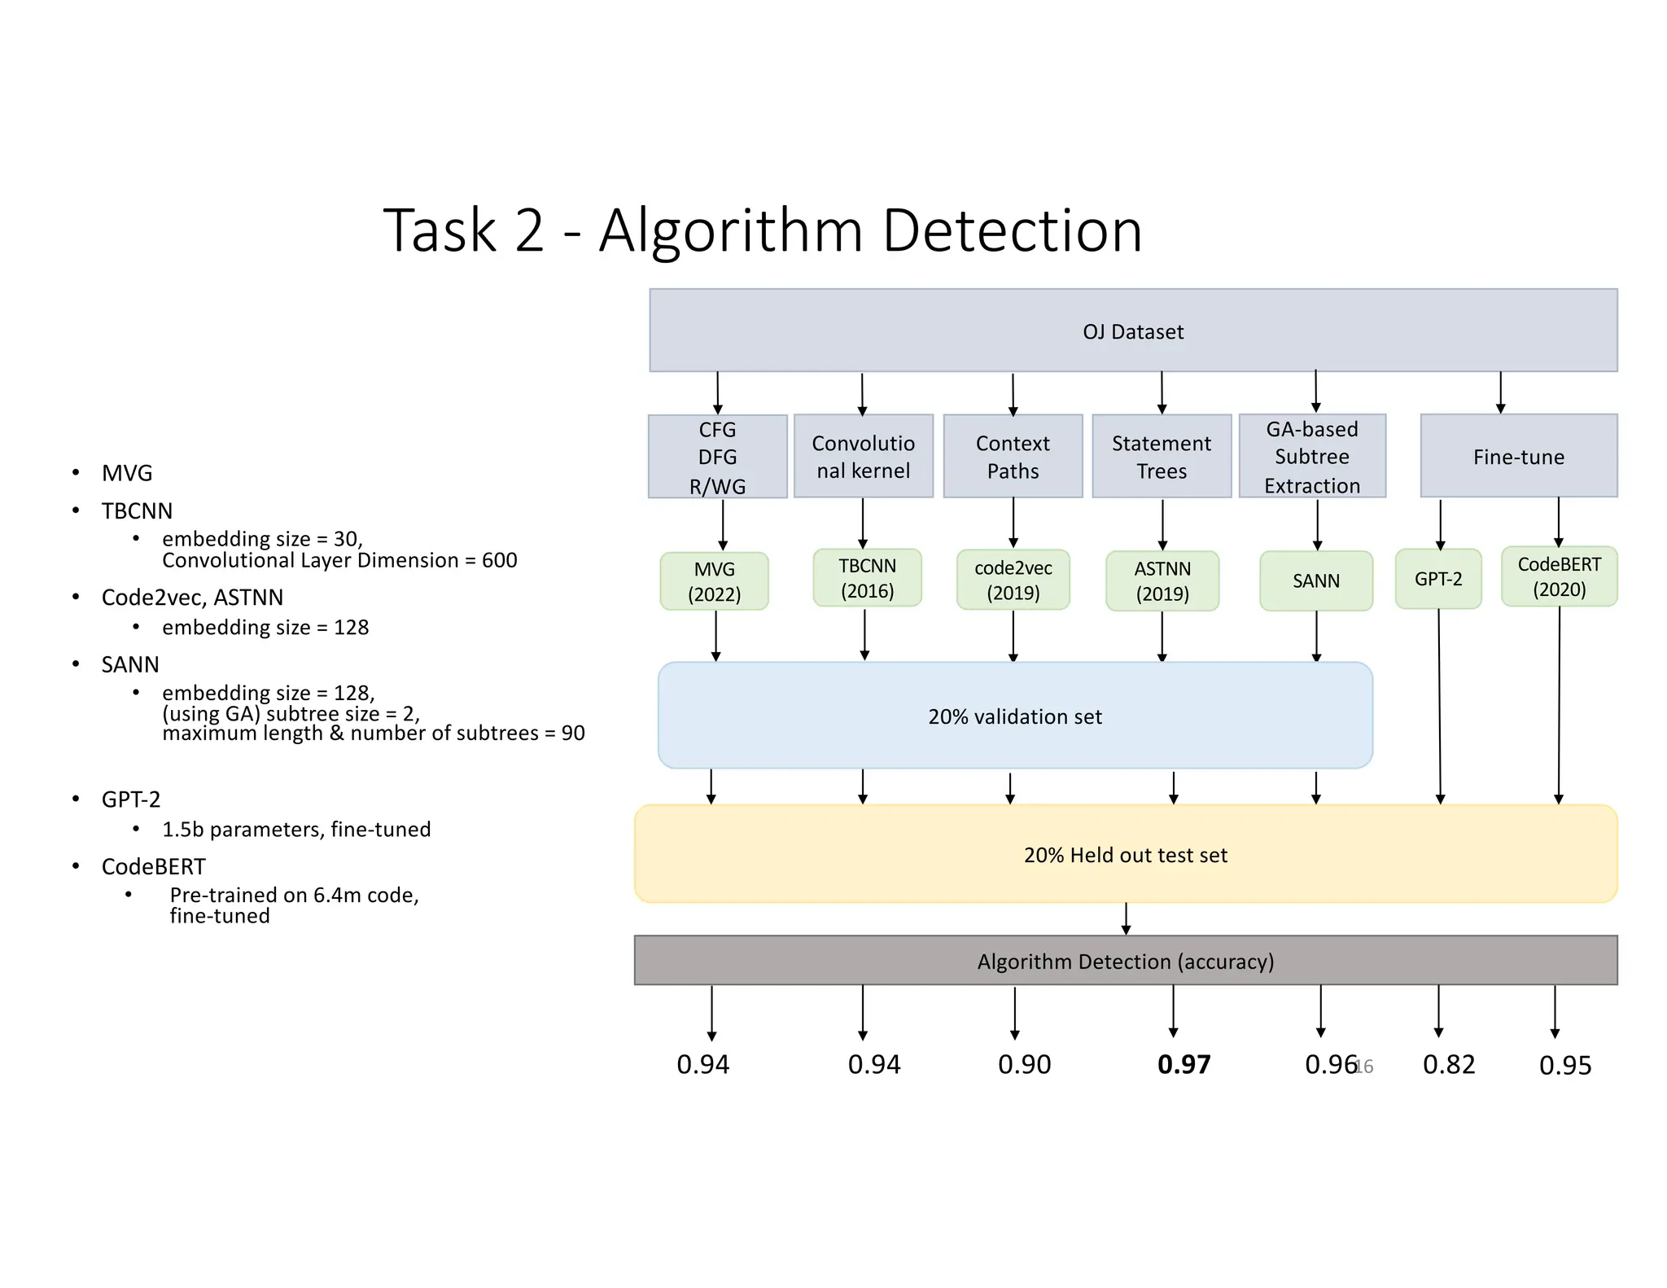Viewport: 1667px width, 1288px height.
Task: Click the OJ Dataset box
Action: pos(1133,331)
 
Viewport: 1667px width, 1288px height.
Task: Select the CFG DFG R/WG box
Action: pos(717,457)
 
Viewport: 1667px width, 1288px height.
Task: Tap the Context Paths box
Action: pos(1013,457)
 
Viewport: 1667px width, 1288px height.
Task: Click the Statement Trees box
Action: pos(1162,457)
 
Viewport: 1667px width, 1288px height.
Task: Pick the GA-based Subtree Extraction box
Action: pos(1312,457)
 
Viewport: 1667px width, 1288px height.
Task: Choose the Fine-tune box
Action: pos(1519,457)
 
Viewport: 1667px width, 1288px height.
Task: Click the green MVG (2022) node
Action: pos(714,581)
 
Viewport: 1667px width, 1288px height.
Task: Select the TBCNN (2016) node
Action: pos(867,578)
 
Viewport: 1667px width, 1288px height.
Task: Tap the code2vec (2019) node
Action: pos(1013,580)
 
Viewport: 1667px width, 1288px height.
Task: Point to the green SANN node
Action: pos(1315,580)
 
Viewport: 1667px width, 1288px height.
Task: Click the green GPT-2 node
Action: pos(1437,579)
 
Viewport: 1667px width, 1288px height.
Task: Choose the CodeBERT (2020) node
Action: pos(1559,576)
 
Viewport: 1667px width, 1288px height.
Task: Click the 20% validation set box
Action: pos(1015,716)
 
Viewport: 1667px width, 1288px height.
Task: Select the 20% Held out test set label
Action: pos(1125,855)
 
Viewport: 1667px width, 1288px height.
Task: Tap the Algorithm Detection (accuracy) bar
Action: pos(1125,962)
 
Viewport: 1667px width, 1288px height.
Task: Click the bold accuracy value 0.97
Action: pos(1184,1064)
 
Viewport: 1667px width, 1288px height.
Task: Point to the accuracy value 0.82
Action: pos(1449,1064)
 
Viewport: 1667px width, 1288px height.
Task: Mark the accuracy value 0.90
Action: pos(1024,1064)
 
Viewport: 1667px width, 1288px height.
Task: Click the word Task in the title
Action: pos(440,231)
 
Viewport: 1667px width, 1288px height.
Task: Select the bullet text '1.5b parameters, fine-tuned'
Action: pos(296,830)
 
